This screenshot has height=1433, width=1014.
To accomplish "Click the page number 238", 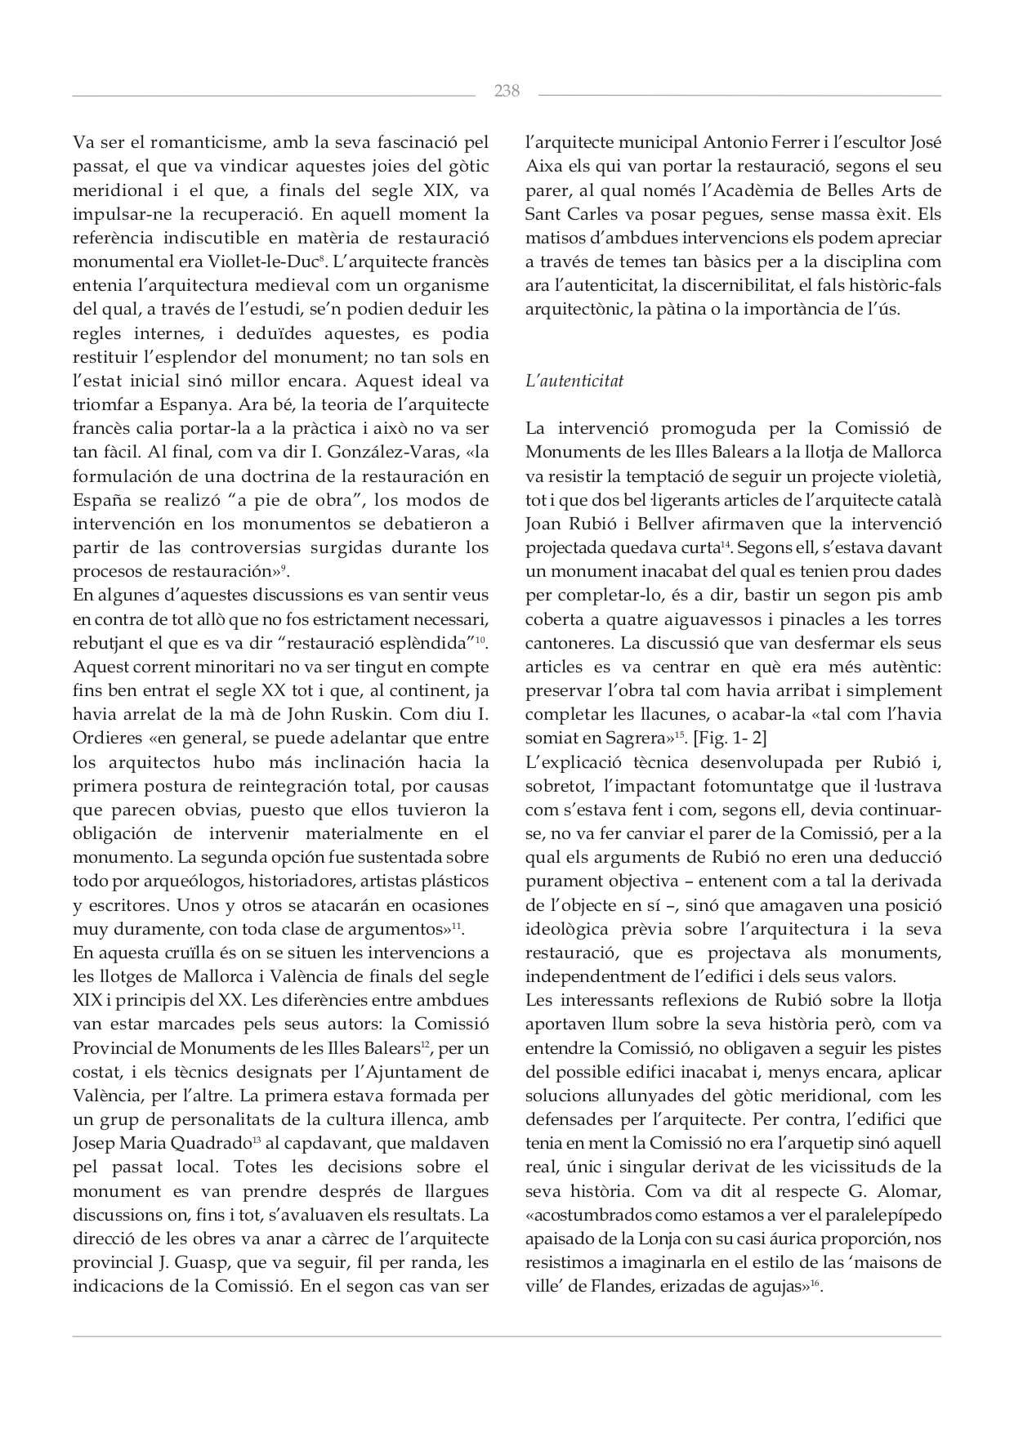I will [507, 91].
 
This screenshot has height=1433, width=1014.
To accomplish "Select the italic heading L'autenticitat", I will [574, 381].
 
